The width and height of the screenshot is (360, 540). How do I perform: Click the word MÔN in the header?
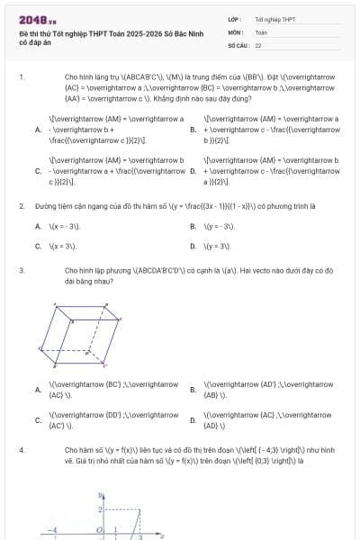pos(234,31)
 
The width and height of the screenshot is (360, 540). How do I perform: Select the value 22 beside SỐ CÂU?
pos(258,44)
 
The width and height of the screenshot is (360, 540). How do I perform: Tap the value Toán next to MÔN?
pos(261,31)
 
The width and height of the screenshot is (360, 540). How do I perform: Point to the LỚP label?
pos(234,19)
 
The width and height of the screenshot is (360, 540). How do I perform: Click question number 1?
pos(21,77)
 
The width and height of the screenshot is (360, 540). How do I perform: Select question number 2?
pos(21,206)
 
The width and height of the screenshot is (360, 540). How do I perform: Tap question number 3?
pos(21,269)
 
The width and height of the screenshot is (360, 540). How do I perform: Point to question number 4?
pos(21,448)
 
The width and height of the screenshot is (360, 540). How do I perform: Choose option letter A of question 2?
pos(38,226)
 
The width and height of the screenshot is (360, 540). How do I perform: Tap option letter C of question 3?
pos(38,419)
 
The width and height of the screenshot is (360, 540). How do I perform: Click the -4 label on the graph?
pos(53,529)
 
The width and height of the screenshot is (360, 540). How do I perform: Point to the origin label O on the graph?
pos(99,529)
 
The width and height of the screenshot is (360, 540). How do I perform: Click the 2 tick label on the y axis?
pos(99,509)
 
